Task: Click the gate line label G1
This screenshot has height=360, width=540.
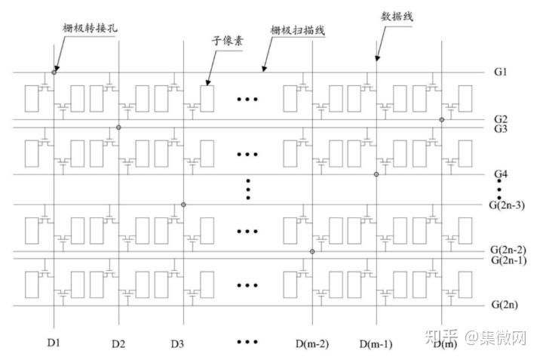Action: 500,72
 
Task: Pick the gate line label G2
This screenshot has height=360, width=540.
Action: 500,119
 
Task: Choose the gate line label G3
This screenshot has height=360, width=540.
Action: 500,129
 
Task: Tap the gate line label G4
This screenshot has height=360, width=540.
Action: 500,175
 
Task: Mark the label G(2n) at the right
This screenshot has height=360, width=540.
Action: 503,306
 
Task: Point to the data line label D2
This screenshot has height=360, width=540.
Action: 118,344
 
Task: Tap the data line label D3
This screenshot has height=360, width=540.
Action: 177,344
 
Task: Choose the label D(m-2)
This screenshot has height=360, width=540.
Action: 310,344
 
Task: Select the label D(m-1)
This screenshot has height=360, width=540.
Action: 375,344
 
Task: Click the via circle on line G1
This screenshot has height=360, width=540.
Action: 54,72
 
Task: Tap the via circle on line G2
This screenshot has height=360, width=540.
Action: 442,119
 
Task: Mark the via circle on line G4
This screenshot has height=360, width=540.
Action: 376,174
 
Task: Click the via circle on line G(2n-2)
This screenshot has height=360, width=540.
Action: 311,251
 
